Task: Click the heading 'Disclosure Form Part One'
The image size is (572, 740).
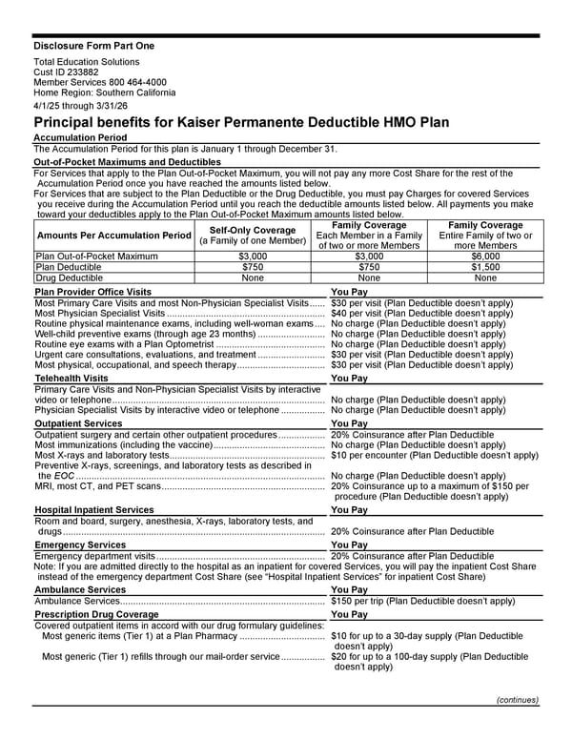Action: (x=93, y=46)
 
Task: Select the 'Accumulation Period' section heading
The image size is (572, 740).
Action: (x=81, y=138)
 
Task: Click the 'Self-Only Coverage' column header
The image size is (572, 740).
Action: (x=252, y=230)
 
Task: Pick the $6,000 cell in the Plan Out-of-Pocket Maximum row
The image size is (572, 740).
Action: (x=485, y=257)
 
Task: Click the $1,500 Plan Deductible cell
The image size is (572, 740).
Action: (x=485, y=268)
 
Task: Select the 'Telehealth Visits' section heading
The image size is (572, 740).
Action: (x=71, y=379)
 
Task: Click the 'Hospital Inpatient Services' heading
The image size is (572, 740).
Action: (x=93, y=510)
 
